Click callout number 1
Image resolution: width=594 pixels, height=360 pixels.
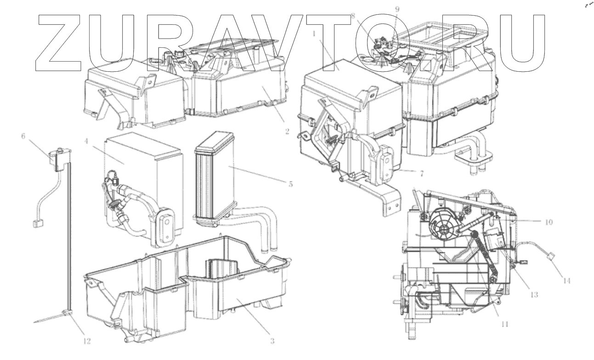pyautogui.click(x=314, y=34)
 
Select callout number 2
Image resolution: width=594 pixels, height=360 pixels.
pyautogui.click(x=287, y=131)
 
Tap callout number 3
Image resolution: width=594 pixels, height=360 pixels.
pyautogui.click(x=272, y=341)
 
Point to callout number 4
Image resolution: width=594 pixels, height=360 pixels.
pyautogui.click(x=86, y=141)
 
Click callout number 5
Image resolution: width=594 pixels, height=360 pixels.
pyautogui.click(x=291, y=184)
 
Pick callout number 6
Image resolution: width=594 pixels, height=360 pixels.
pyautogui.click(x=23, y=136)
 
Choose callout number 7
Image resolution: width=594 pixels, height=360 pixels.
pyautogui.click(x=422, y=174)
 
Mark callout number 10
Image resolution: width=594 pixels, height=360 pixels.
pyautogui.click(x=549, y=222)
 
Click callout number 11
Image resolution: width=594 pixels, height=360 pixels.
pyautogui.click(x=504, y=324)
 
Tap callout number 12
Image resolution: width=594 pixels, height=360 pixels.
pyautogui.click(x=87, y=341)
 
